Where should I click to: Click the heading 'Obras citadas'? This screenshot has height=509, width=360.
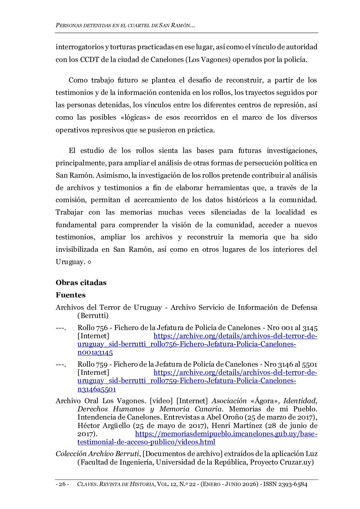click(x=81, y=283)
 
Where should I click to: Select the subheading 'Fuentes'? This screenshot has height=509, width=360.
click(x=70, y=295)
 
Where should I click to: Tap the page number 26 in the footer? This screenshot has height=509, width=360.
click(x=62, y=484)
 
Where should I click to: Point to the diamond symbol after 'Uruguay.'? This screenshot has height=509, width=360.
click(x=89, y=262)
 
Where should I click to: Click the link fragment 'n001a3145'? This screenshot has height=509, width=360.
click(x=95, y=352)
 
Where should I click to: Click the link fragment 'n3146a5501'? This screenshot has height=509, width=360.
click(x=97, y=389)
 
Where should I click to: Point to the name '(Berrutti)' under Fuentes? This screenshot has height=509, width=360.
click(x=93, y=316)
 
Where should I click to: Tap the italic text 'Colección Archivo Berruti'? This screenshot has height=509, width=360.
click(x=97, y=454)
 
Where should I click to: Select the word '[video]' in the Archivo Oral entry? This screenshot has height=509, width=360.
click(x=161, y=401)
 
